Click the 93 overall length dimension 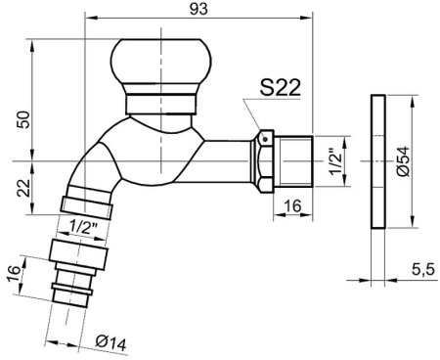[x=198, y=9]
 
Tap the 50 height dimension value [x=23, y=119]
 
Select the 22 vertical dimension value [x=23, y=188]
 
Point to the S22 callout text [x=281, y=87]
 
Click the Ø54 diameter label [x=404, y=161]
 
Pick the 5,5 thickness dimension [x=423, y=270]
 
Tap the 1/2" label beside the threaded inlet [x=335, y=162]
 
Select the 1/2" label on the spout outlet [x=83, y=225]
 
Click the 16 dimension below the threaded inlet [x=292, y=205]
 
